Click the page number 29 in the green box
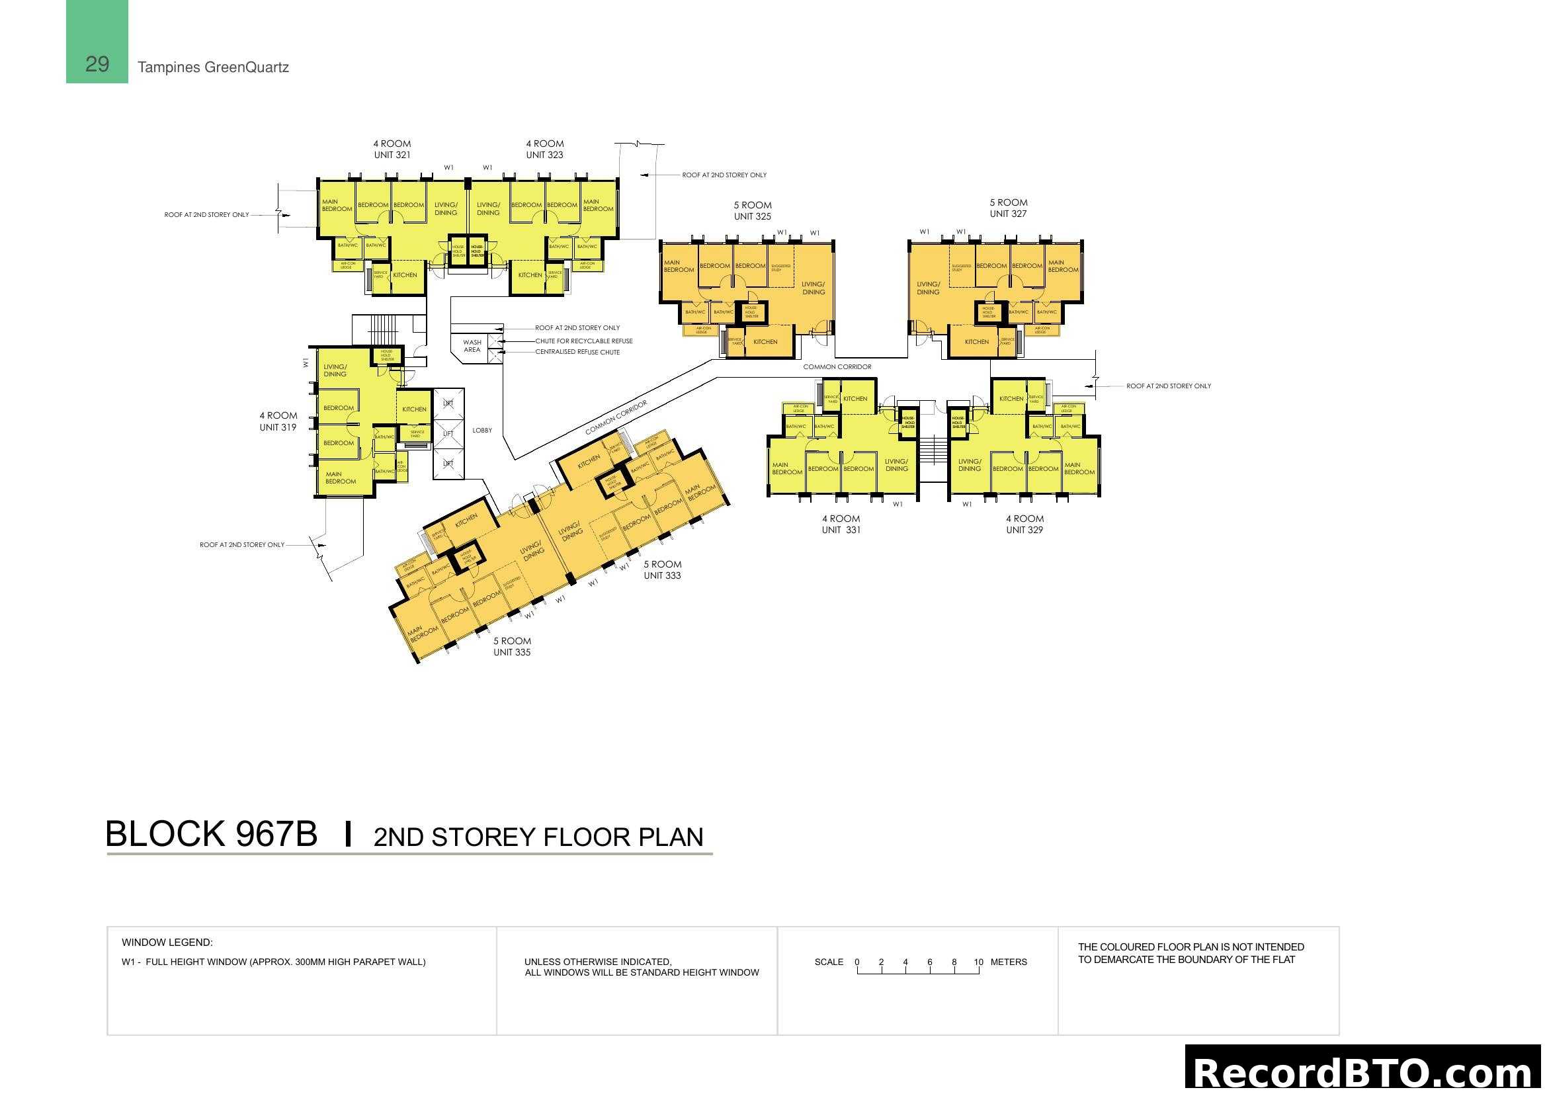(97, 64)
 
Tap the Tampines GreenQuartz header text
(213, 67)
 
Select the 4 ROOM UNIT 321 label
(392, 149)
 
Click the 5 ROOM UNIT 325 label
(753, 211)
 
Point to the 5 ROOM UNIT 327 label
(1008, 208)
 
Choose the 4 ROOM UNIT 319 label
(278, 422)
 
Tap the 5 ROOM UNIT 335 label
(512, 647)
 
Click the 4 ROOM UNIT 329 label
(1024, 524)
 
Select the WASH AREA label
(472, 346)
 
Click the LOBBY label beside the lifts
(482, 431)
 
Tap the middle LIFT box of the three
(448, 434)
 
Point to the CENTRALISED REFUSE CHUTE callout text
(577, 353)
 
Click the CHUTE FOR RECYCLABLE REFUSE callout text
(583, 341)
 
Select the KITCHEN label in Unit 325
(765, 342)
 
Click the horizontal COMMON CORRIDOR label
(837, 367)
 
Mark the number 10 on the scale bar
(978, 962)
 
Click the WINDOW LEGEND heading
(167, 943)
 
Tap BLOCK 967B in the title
(212, 834)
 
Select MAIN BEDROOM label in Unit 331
(786, 469)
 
